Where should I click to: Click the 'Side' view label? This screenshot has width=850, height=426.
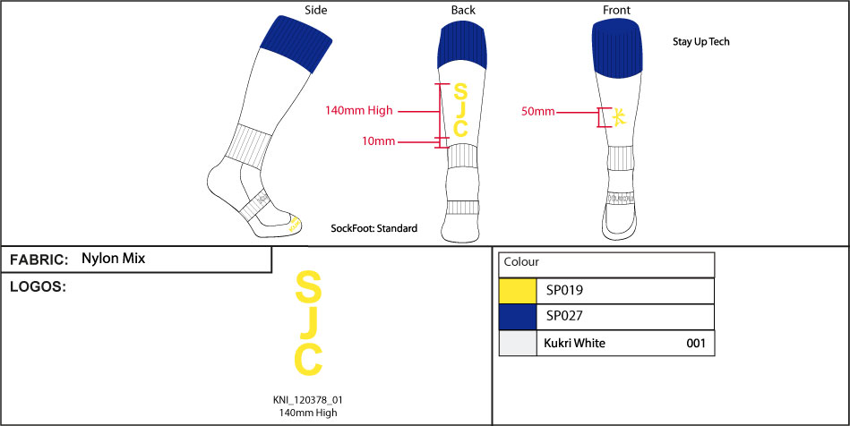coord(315,10)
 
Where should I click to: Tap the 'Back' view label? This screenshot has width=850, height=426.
coord(463,10)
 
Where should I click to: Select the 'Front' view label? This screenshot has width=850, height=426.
coord(616,10)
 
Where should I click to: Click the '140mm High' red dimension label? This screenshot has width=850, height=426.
coord(358,111)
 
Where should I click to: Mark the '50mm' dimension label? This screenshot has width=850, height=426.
coord(539,112)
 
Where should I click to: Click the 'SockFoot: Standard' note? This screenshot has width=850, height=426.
coord(374,229)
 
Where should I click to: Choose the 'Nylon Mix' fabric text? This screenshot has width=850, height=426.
coord(113,259)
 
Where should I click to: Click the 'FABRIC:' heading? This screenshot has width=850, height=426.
coord(39,260)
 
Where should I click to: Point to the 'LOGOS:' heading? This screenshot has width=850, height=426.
coord(39,287)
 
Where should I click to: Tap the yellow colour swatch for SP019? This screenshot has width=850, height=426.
coord(517,291)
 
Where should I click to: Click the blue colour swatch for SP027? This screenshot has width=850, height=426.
coord(517,317)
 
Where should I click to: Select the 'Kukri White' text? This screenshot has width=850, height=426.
coord(575,343)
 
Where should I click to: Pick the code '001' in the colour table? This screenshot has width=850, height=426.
coord(696,343)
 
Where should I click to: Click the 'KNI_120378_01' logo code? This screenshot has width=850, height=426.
coord(308,400)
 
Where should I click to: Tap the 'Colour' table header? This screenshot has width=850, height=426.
coord(521,263)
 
